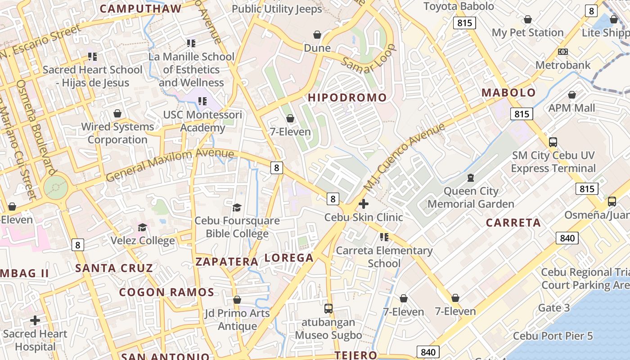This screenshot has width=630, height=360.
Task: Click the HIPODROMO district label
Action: pos(347,98)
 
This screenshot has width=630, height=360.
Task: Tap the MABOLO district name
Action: pos(508,93)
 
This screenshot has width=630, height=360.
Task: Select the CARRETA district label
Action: pos(513,223)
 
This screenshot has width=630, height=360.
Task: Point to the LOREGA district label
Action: pos(289,258)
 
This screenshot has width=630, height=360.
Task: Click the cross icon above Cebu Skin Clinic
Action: pos(364,204)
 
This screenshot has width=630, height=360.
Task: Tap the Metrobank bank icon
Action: pos(562,52)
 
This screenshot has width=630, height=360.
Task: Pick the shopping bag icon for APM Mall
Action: pos(571,95)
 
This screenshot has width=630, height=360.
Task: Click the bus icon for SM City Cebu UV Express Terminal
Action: pos(553,142)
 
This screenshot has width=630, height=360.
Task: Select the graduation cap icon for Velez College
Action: pos(143,227)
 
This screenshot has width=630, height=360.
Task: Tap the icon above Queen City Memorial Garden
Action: pos(470,178)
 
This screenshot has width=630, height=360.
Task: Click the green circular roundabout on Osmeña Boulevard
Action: pos(56,186)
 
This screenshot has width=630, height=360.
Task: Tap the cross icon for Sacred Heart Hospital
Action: pos(35,320)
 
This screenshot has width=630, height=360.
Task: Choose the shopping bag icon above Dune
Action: pos(317,35)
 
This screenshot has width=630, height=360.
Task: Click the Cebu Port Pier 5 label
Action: pos(553,336)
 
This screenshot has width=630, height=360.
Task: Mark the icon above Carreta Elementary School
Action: pos(384,237)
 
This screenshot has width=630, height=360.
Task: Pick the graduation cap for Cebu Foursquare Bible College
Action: pos(237,207)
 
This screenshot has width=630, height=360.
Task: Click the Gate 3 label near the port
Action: pos(553,308)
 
